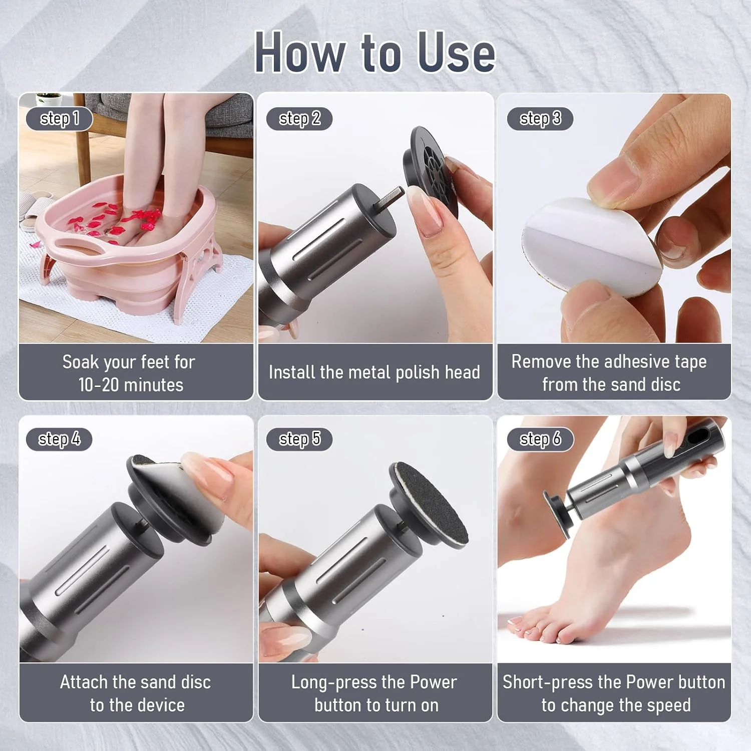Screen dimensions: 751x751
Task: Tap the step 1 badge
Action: [x=60, y=119]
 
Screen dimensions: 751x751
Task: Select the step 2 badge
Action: [x=299, y=119]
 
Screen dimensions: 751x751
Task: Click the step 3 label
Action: [x=540, y=119]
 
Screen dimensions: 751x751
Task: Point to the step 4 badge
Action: [x=59, y=439]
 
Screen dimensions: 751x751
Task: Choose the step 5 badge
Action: [x=299, y=439]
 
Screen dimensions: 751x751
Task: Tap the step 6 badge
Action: [x=540, y=439]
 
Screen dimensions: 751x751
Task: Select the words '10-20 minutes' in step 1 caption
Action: [x=131, y=385]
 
